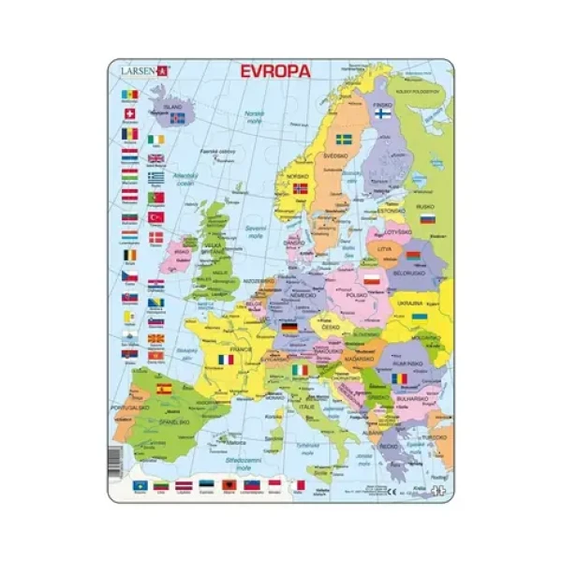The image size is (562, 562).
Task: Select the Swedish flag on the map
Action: coord(344,140)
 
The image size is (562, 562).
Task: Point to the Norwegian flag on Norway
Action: coord(301,188)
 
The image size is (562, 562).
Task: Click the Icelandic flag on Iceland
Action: coord(176,119)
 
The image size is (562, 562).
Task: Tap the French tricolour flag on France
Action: coord(226,359)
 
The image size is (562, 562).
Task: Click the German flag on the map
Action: coord(289,329)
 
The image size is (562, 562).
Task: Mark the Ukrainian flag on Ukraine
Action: coord(421,317)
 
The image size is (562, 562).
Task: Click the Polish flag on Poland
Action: coord(372,279)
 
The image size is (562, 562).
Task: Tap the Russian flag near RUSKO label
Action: coord(427,218)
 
